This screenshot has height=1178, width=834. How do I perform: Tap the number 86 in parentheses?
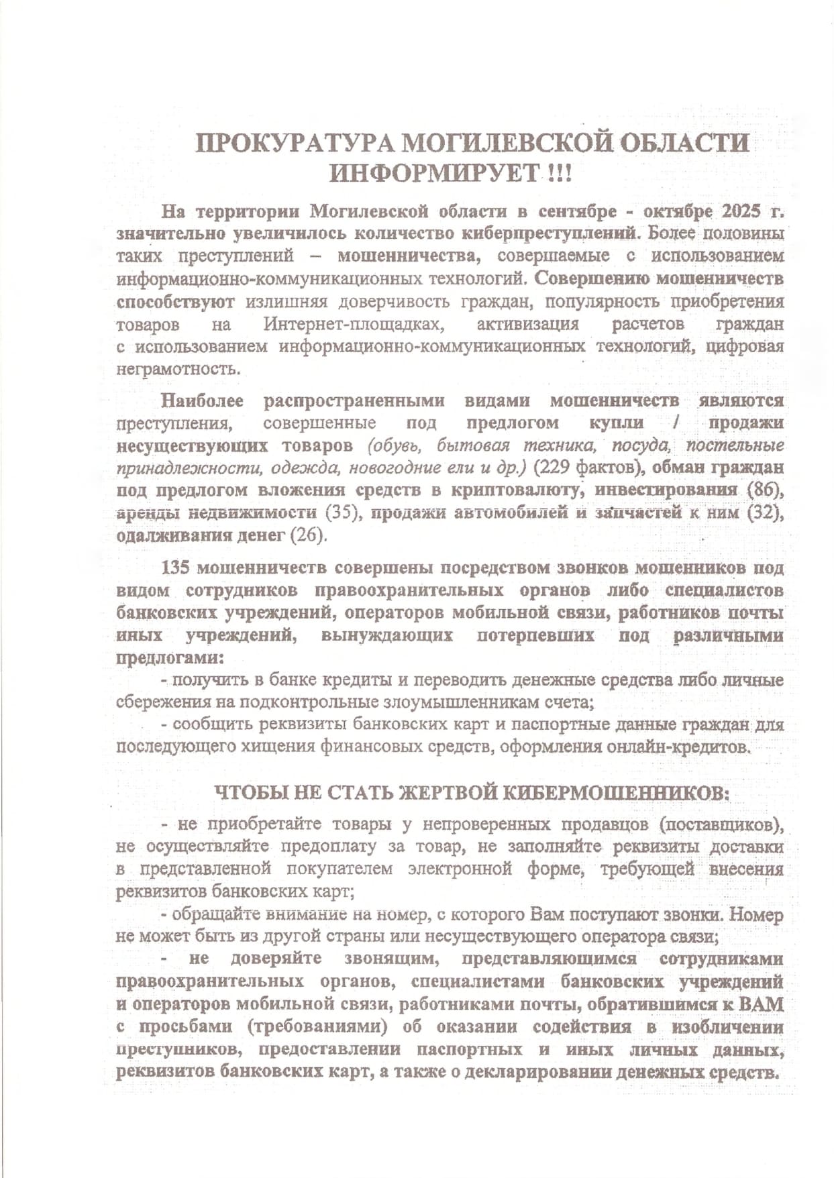point(762,490)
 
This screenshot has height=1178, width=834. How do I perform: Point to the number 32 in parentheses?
point(762,513)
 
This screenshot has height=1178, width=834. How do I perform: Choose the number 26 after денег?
point(307,535)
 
